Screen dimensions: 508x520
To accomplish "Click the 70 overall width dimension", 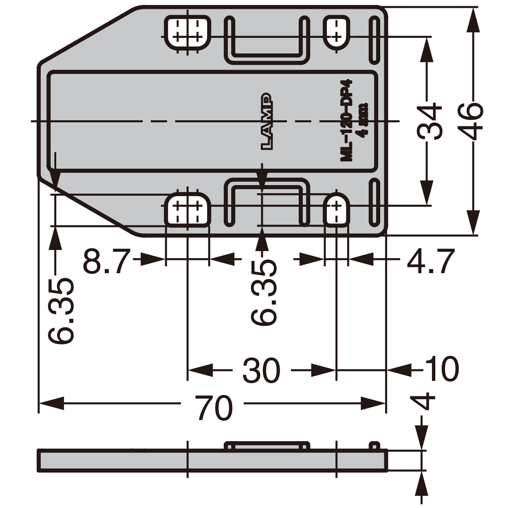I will [x=214, y=407].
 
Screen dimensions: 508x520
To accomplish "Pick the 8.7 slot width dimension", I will [x=106, y=261].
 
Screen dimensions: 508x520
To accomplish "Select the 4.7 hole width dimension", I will [x=430, y=261].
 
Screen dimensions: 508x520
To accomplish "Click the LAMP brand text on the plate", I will [x=267, y=122].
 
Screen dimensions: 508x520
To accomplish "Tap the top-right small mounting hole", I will [x=336, y=32].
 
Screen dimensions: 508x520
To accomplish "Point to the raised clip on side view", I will [x=267, y=445].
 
